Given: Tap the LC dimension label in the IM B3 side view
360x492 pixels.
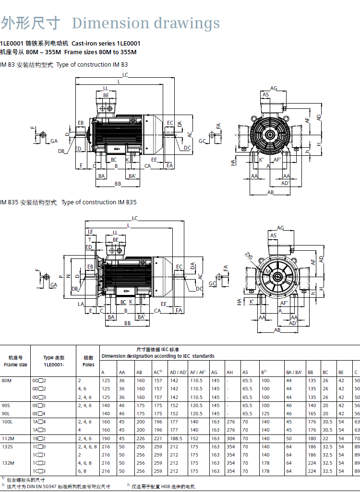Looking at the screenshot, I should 125,75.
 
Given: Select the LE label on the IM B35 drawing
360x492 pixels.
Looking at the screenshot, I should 90,232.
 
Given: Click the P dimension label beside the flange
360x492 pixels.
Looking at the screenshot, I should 60,276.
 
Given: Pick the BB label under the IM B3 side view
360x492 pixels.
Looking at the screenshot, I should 118,184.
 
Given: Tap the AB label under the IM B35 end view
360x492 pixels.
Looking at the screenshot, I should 277,330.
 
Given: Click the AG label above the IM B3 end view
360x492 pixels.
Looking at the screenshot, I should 274,88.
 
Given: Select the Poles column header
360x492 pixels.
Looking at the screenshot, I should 88,364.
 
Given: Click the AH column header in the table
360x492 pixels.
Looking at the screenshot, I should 229,373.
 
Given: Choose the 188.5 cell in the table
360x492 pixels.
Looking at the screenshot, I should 176,438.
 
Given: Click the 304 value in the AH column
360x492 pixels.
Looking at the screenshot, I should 230,438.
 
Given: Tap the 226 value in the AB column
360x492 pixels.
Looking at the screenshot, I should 140,438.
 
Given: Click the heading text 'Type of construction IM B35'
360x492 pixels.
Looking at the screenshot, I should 99,202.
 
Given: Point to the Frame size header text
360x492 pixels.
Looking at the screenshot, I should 16,364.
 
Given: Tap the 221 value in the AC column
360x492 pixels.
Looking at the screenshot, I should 157,438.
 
